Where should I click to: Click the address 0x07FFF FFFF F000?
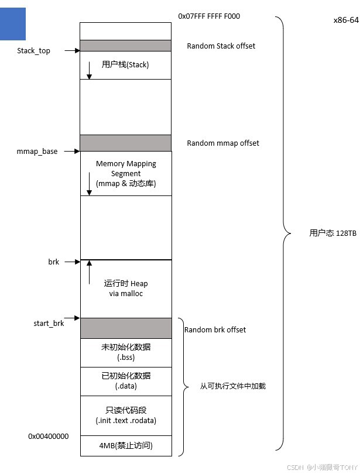[209, 16]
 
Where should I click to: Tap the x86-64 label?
[345, 20]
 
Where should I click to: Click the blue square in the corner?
[13, 23]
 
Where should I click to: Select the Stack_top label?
[34, 51]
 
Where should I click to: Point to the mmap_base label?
[37, 152]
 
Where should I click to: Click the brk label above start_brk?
[54, 262]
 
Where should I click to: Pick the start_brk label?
[49, 323]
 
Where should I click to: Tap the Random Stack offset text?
[221, 46]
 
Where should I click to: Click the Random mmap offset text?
[223, 143]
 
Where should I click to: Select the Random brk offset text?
[215, 330]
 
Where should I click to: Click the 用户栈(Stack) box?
[125, 65]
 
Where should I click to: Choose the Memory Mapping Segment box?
[126, 173]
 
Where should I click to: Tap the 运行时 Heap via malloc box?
[126, 288]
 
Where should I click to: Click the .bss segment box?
[126, 352]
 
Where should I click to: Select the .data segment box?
[126, 381]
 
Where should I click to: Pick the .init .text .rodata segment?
[126, 415]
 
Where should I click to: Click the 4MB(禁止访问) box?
[126, 446]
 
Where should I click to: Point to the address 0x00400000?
[49, 437]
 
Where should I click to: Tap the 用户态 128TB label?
[332, 233]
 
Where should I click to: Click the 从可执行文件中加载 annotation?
[233, 386]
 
